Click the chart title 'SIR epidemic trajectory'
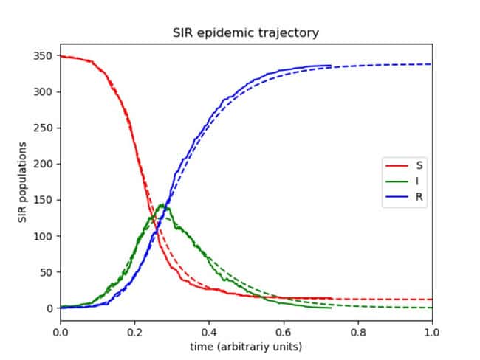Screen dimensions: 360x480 pyautogui.click(x=246, y=33)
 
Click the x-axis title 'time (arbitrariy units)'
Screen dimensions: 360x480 pyautogui.click(x=246, y=346)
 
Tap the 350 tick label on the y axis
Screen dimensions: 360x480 pyautogui.click(x=44, y=56)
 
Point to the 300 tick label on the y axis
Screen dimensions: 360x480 pyautogui.click(x=44, y=92)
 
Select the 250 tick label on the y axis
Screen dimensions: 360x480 pyautogui.click(x=44, y=128)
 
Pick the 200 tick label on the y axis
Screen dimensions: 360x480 pyautogui.click(x=44, y=164)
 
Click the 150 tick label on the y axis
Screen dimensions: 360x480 pyautogui.click(x=44, y=200)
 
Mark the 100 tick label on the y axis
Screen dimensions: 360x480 pyautogui.click(x=44, y=236)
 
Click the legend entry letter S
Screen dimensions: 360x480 pyautogui.click(x=419, y=165)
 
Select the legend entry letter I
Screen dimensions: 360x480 pyautogui.click(x=419, y=181)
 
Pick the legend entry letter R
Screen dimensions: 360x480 pyautogui.click(x=419, y=197)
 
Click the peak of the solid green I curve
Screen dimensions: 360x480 pyautogui.click(x=162, y=204)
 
